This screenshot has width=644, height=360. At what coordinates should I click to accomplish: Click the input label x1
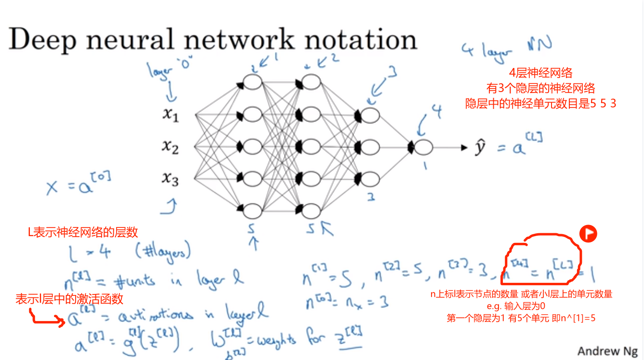click(x=170, y=115)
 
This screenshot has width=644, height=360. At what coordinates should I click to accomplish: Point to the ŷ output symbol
click(x=479, y=148)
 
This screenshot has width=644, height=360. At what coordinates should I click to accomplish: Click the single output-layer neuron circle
click(x=423, y=147)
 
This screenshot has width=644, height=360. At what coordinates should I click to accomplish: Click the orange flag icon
click(x=588, y=234)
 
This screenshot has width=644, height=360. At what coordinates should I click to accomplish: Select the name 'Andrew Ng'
click(x=608, y=351)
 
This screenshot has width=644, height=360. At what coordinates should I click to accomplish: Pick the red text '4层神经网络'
click(x=540, y=73)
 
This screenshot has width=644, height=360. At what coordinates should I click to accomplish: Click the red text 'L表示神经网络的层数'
click(x=83, y=232)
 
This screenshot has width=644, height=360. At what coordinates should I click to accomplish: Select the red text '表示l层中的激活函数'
click(x=69, y=299)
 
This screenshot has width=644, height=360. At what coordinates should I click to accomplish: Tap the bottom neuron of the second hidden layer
click(x=311, y=211)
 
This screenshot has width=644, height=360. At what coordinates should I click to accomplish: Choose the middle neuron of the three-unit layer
click(x=370, y=147)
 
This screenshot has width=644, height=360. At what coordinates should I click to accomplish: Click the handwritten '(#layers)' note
click(x=163, y=251)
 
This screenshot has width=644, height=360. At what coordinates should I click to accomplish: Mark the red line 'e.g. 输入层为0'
click(x=522, y=306)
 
